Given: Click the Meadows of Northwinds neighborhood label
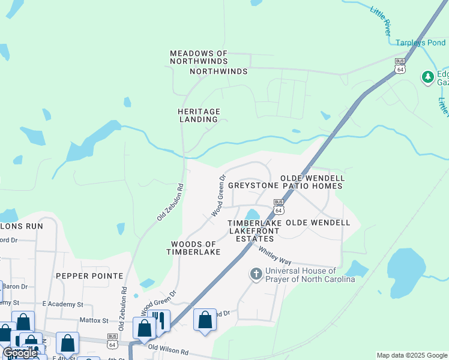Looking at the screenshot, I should coord(199,58).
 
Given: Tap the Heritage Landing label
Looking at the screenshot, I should coord(199,115).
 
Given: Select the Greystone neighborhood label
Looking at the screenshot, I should coord(252,186).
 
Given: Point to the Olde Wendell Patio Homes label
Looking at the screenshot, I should coord(312,182).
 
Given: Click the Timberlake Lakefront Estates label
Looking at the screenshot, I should coord(255,230).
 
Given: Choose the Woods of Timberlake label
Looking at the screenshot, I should coord(193,248).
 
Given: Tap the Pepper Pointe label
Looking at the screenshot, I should coord(89,276).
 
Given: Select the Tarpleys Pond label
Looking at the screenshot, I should coord(420,43).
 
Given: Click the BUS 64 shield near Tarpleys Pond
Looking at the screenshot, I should coord(400,65).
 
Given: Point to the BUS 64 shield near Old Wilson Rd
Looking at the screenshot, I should coord(112,341).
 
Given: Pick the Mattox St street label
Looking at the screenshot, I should coord(95,321).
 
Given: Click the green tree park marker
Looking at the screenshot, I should coord(427,77).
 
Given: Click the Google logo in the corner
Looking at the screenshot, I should coord(20,353).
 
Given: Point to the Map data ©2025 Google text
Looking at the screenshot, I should coord(411,355).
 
